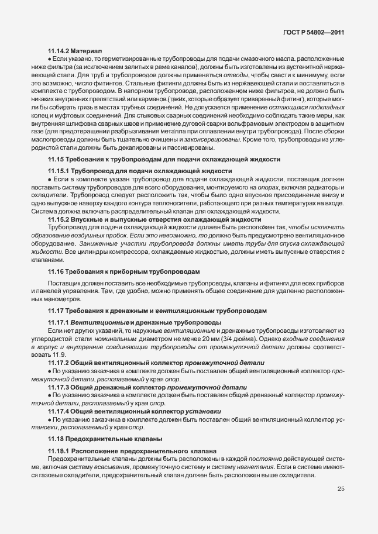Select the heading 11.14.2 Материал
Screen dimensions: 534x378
[x=74, y=51]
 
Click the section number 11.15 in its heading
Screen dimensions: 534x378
[x=56, y=159]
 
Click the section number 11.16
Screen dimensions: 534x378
[x=56, y=272]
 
